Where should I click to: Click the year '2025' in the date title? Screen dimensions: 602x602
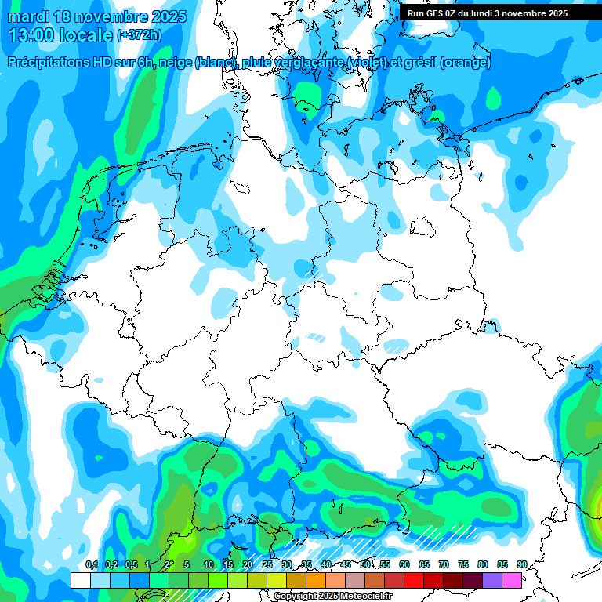(x=163, y=16)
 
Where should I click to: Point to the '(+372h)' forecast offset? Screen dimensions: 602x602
(x=140, y=35)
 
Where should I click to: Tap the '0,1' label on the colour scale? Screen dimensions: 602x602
(x=91, y=564)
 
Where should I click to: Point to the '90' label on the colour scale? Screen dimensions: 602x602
(x=521, y=564)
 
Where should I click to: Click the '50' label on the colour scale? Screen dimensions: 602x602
(x=365, y=564)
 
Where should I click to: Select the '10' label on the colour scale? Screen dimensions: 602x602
(x=209, y=564)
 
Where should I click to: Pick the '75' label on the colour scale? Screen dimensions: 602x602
(x=463, y=564)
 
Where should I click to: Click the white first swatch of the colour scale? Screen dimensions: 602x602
(x=80, y=580)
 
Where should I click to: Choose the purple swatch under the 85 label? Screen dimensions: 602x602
(x=492, y=580)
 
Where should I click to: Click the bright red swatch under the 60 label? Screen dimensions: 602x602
(x=414, y=580)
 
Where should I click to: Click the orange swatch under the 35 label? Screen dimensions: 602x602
(x=316, y=580)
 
